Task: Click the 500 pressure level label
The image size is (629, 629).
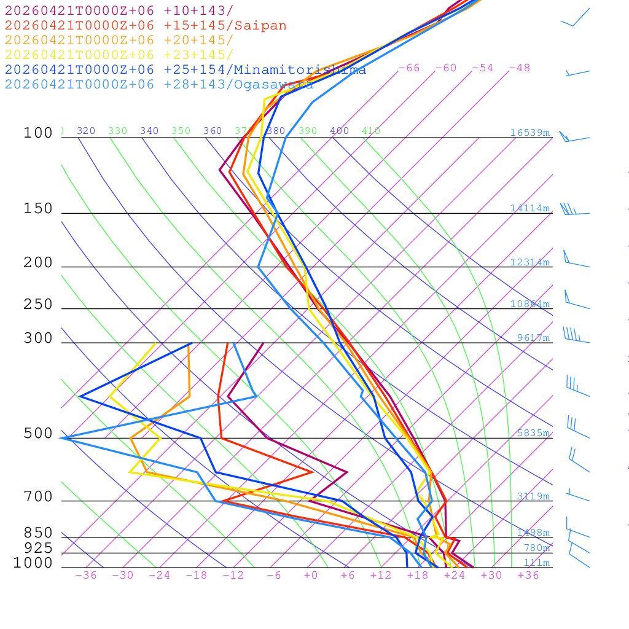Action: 38,434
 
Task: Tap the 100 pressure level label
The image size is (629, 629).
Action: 38,133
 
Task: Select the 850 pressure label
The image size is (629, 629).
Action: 38,533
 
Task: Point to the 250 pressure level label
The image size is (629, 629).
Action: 38,305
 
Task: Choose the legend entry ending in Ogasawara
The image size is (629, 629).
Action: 159,85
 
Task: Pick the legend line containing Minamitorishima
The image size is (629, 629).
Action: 186,70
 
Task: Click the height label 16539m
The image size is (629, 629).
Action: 529,133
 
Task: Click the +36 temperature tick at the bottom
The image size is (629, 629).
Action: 528,576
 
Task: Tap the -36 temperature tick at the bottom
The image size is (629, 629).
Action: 85,576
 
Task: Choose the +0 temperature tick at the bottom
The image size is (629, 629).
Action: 311,576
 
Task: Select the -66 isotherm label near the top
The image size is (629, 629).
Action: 408,68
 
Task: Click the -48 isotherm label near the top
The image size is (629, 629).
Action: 519,68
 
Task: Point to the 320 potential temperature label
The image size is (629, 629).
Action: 86,131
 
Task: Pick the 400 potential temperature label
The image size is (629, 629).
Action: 339,131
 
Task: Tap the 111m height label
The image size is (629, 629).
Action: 536,563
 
